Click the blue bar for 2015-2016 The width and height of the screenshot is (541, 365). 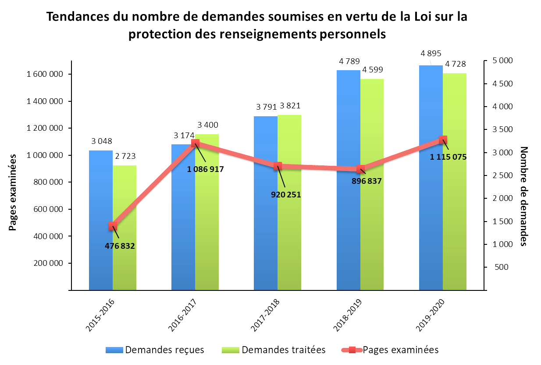[101, 219]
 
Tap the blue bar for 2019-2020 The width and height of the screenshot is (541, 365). [431, 175]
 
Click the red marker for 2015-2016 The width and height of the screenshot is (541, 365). [113, 226]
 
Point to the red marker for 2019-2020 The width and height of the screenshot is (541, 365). [443, 140]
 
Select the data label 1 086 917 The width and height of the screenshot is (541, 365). [206, 169]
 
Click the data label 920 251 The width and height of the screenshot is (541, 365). [286, 194]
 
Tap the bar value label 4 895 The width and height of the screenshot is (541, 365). [431, 54]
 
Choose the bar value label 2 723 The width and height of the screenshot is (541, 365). [125, 156]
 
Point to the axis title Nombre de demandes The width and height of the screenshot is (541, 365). [523, 196]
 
